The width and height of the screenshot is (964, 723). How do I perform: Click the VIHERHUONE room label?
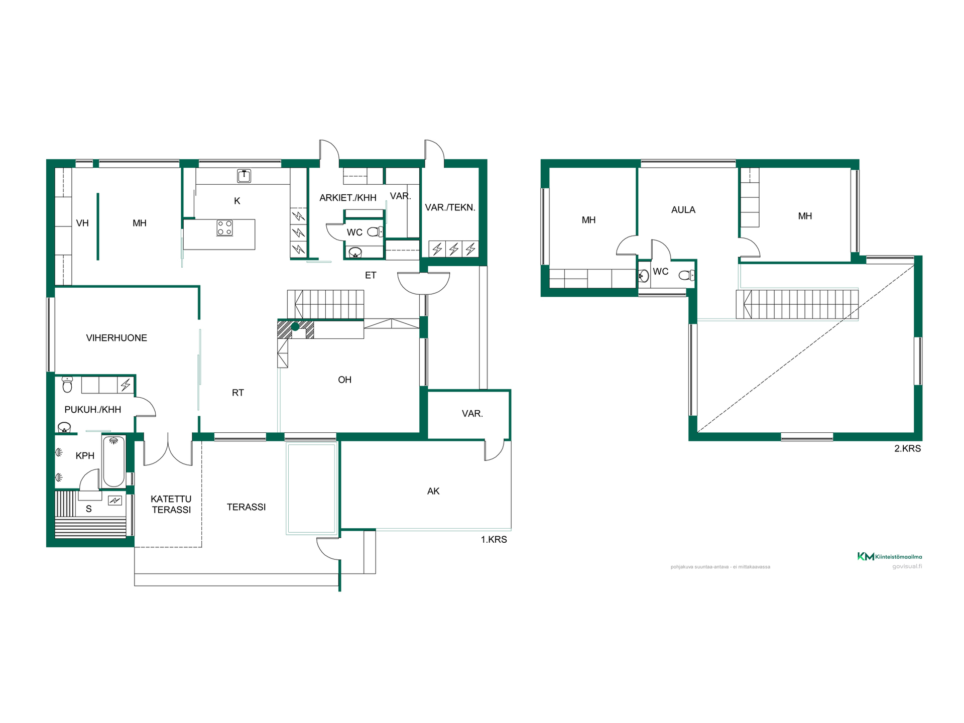pyautogui.click(x=116, y=338)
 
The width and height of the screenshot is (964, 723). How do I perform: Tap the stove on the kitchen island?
pyautogui.click(x=224, y=227)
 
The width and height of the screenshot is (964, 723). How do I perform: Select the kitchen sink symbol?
pyautogui.click(x=244, y=176)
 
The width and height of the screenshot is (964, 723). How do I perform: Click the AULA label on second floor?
pyautogui.click(x=683, y=210)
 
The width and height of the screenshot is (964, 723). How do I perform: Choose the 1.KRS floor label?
pyautogui.click(x=494, y=540)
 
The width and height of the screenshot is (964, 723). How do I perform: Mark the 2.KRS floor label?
pyautogui.click(x=907, y=448)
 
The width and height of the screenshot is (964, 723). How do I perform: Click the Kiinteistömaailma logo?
pyautogui.click(x=889, y=556)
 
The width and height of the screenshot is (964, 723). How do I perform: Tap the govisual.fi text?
pyautogui.click(x=907, y=566)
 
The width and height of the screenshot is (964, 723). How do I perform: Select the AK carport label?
pyautogui.click(x=433, y=491)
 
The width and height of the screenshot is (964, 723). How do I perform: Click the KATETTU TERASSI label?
pyautogui.click(x=171, y=504)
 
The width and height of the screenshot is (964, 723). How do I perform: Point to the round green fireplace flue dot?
pyautogui.click(x=295, y=327)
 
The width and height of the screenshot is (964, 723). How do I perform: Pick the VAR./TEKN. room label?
pyautogui.click(x=450, y=207)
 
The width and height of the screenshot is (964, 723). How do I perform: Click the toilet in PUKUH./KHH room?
pyautogui.click(x=67, y=384)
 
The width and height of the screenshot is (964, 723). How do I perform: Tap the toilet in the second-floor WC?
pyautogui.click(x=686, y=275)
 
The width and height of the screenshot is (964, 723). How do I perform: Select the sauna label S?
pyautogui.click(x=89, y=509)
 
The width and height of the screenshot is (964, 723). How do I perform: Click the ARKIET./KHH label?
pyautogui.click(x=348, y=198)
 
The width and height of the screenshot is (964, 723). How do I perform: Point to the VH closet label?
pyautogui.click(x=82, y=223)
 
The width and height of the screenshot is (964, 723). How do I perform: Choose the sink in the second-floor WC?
pyautogui.click(x=644, y=276)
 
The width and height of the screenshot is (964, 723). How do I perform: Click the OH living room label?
pyautogui.click(x=344, y=380)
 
